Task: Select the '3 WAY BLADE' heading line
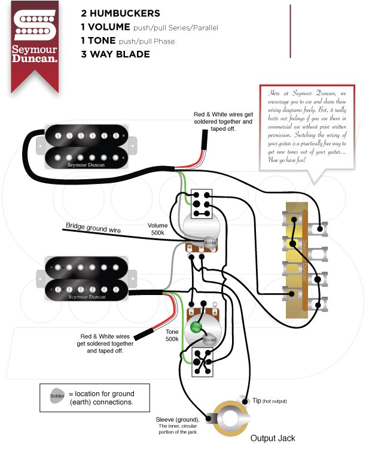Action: point(115,54)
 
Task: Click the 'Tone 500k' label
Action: point(172,335)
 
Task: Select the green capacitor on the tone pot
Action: point(196,327)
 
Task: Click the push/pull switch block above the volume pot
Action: point(200,204)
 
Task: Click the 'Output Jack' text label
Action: point(272,438)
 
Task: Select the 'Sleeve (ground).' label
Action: point(177,419)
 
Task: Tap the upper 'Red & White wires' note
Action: point(222,121)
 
